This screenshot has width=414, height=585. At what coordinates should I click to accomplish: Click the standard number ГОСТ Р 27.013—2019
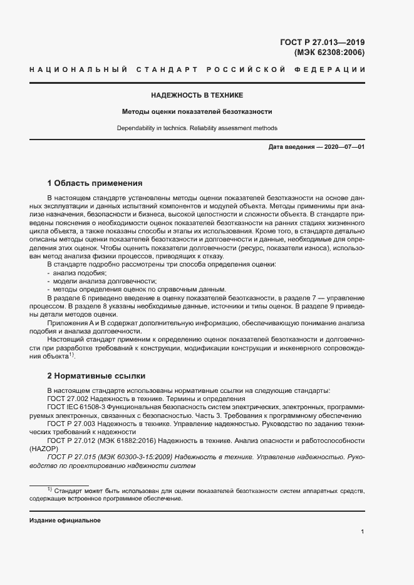coord(321,43)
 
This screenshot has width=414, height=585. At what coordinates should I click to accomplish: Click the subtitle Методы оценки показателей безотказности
coord(196,112)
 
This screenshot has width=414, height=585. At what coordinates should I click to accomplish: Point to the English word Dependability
coord(135,128)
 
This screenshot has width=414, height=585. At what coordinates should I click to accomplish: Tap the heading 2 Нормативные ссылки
coord(96,376)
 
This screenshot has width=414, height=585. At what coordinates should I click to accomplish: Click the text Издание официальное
coord(65,521)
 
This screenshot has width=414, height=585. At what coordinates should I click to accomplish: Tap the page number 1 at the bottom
coord(363,532)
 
